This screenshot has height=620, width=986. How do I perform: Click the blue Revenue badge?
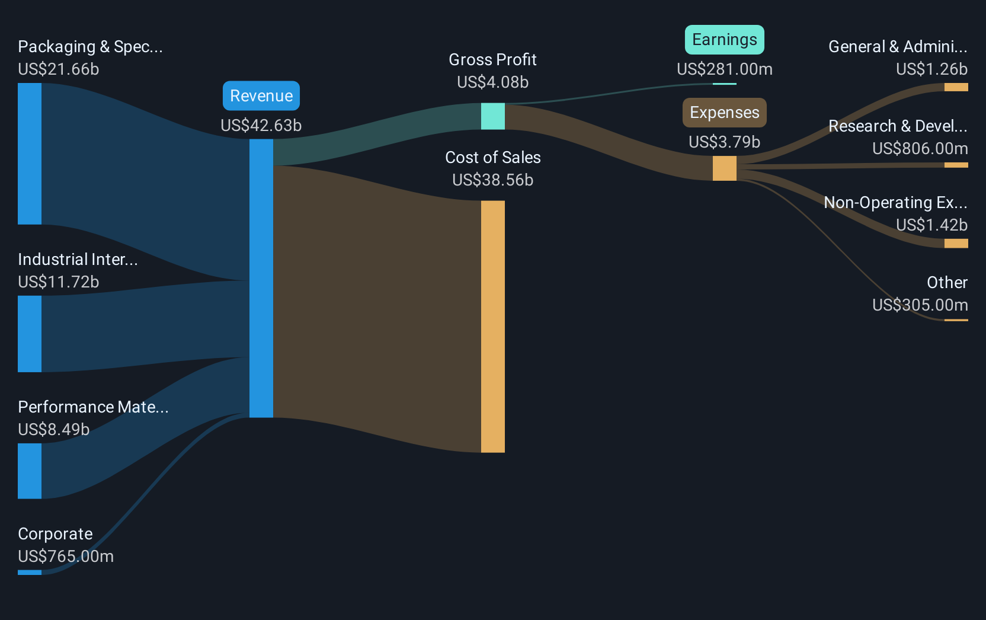pyautogui.click(x=261, y=95)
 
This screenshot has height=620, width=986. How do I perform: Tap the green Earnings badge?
pyautogui.click(x=725, y=40)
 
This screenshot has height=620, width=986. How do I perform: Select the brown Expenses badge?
pyautogui.click(x=725, y=113)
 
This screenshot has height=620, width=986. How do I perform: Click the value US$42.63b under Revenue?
pyautogui.click(x=261, y=126)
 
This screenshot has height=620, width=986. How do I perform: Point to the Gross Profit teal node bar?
pyautogui.click(x=492, y=116)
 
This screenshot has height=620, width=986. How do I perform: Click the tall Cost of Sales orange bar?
pyautogui.click(x=492, y=327)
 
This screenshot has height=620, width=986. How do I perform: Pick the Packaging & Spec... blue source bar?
pyautogui.click(x=30, y=154)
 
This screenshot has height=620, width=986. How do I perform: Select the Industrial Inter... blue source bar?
pyautogui.click(x=30, y=334)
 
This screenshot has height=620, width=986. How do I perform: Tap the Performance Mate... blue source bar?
pyautogui.click(x=30, y=471)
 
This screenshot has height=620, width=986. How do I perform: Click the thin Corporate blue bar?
pyautogui.click(x=30, y=573)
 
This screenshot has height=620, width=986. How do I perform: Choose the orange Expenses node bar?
pyautogui.click(x=725, y=168)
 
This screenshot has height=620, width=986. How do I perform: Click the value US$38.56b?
pyautogui.click(x=492, y=180)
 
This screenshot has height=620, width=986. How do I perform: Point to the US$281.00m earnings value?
pyautogui.click(x=725, y=69)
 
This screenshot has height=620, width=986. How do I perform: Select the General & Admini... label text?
pyautogui.click(x=898, y=47)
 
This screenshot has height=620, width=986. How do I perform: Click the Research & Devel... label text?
pyautogui.click(x=898, y=126)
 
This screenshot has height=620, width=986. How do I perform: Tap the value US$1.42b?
pyautogui.click(x=932, y=225)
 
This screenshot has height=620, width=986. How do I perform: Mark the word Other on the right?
pyautogui.click(x=947, y=282)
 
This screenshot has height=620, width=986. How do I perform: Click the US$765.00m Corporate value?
pyautogui.click(x=66, y=557)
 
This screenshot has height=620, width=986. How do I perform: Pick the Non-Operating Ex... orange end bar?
pyautogui.click(x=956, y=244)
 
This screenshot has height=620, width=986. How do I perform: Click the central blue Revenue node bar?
pyautogui.click(x=261, y=279)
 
